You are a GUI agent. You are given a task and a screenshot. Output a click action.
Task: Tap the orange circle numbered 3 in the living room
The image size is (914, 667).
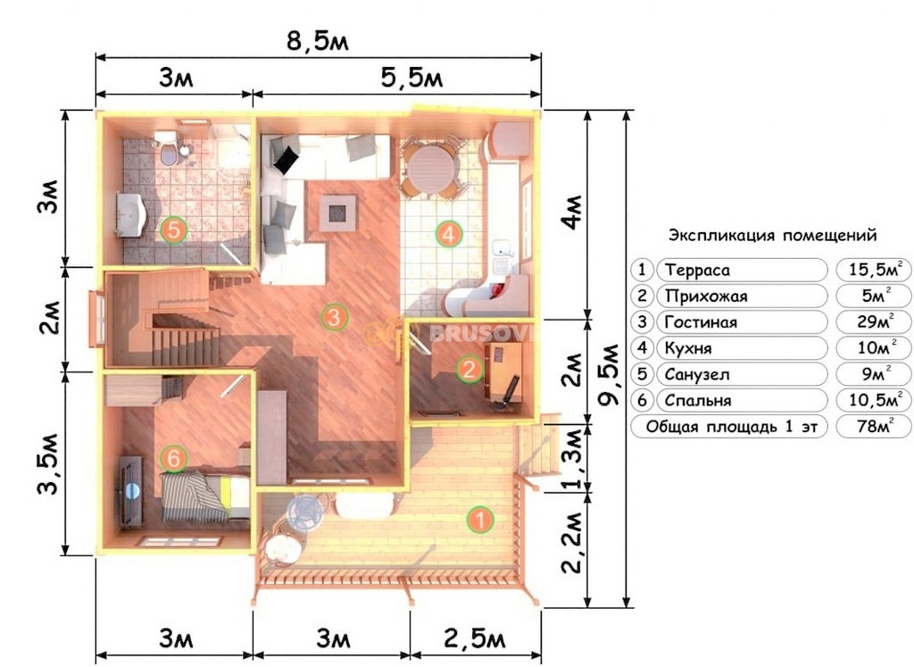334,318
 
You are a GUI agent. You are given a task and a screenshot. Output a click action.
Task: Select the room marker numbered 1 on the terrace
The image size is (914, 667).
480,520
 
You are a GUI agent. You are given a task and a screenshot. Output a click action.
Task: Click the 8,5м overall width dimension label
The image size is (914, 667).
318,41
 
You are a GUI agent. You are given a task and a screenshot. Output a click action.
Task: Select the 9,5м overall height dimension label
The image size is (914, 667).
610,375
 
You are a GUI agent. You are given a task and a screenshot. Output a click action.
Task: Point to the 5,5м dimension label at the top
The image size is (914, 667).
412,78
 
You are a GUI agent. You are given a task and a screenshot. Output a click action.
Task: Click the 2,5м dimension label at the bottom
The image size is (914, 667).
475,639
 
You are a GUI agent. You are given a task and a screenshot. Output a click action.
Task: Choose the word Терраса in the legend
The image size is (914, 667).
697,271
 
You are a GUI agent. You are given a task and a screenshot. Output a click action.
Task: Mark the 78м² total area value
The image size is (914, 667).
875,426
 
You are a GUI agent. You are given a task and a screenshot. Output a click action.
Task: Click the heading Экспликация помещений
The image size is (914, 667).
772,236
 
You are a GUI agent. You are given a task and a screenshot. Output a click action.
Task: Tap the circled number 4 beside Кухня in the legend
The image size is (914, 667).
642,348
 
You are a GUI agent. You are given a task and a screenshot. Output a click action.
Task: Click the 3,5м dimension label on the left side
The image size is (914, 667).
49,463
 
